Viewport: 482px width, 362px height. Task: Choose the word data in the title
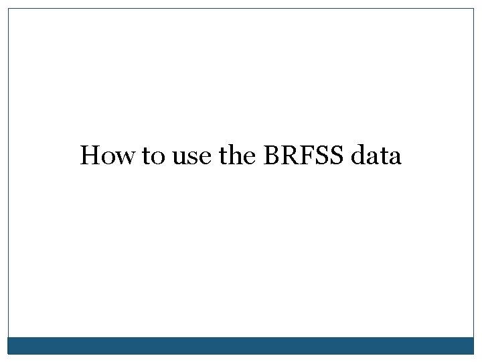(x=376, y=156)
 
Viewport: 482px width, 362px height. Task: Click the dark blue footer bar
(x=241, y=345)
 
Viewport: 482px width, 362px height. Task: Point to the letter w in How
(x=127, y=158)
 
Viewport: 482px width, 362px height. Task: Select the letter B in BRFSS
(x=271, y=156)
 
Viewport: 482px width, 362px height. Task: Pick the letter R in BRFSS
(x=289, y=156)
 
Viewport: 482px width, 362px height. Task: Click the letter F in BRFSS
(x=305, y=156)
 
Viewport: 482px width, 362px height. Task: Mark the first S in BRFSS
(x=320, y=156)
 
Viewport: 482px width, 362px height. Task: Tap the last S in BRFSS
(x=335, y=156)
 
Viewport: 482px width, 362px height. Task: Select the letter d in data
(x=358, y=156)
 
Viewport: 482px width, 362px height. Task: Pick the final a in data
(x=395, y=159)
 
